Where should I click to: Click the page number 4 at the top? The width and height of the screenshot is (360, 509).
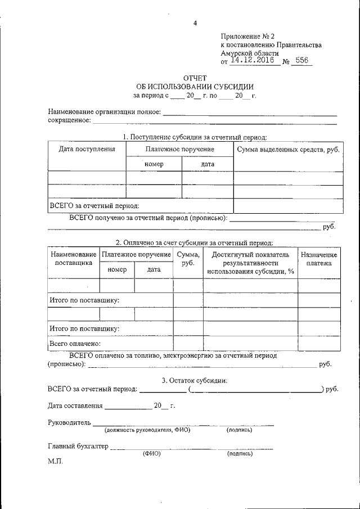pyautogui.click(x=195, y=23)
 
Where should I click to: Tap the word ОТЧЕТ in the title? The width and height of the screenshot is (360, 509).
pyautogui.click(x=195, y=78)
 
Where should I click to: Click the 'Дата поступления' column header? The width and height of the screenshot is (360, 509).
pyautogui.click(x=87, y=149)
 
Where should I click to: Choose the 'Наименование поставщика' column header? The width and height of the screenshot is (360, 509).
pyautogui.click(x=74, y=259)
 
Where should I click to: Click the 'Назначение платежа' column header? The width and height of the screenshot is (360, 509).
pyautogui.click(x=319, y=259)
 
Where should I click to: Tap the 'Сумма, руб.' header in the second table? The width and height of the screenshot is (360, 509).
pyautogui.click(x=188, y=259)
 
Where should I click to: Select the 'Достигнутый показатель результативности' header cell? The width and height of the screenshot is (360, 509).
pyautogui.click(x=250, y=263)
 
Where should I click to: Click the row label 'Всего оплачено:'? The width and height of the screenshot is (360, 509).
pyautogui.click(x=75, y=343)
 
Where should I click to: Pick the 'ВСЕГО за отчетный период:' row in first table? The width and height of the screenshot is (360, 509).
pyautogui.click(x=94, y=206)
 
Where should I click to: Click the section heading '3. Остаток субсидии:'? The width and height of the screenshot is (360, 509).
pyautogui.click(x=195, y=380)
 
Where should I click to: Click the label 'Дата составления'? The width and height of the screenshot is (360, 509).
pyautogui.click(x=75, y=405)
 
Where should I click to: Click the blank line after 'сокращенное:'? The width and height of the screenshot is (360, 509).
pyautogui.click(x=214, y=121)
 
